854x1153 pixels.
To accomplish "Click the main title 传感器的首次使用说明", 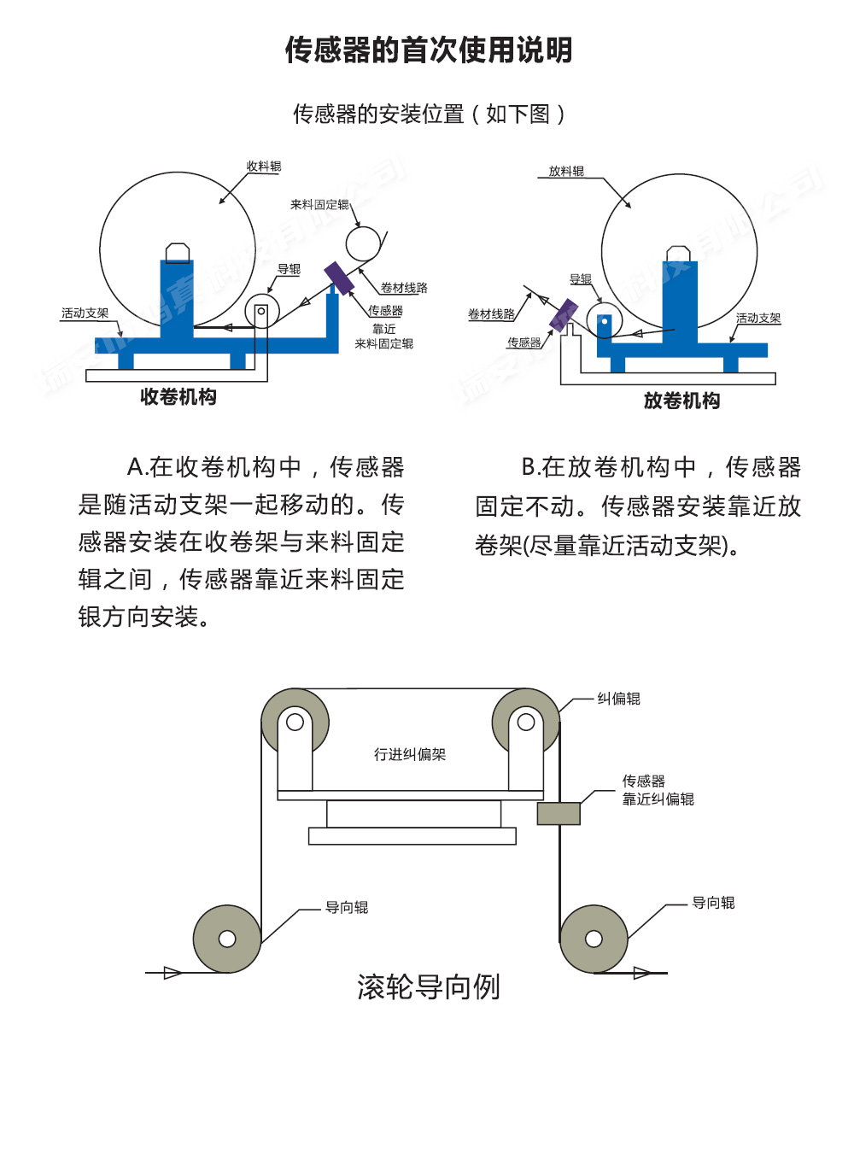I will (x=428, y=50).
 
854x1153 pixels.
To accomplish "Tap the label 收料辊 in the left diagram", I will (x=264, y=167).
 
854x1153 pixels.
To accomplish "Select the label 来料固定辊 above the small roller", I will (x=319, y=205).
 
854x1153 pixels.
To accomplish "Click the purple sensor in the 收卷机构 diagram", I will (x=339, y=278).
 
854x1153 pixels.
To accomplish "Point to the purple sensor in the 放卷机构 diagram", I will (x=564, y=315).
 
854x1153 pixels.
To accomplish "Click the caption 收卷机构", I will (x=178, y=397).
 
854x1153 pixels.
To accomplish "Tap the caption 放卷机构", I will (x=681, y=401).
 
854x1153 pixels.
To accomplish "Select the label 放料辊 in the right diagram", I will (x=566, y=172).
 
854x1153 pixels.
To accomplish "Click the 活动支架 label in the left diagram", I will (x=85, y=313).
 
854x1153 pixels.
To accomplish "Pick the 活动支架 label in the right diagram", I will (x=758, y=319).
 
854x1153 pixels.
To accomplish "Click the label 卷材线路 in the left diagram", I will (x=404, y=289).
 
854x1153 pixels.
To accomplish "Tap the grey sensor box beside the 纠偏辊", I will (x=559, y=813).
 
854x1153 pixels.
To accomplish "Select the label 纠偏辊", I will (x=618, y=699).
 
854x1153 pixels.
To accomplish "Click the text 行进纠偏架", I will (x=410, y=755).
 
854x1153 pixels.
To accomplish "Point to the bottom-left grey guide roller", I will (x=227, y=939).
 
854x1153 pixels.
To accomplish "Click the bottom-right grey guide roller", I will (x=594, y=939).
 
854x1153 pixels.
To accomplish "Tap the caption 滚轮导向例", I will (x=428, y=987).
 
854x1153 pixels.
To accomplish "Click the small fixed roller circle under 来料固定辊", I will (x=363, y=243).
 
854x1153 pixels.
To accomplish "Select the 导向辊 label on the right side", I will (x=713, y=904).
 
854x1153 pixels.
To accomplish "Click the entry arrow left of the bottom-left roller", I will (x=172, y=973).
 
